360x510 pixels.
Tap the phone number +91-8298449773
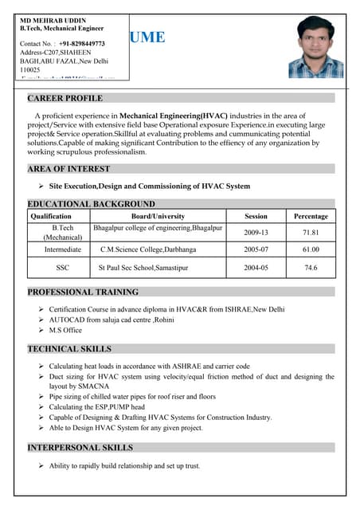click(x=81, y=43)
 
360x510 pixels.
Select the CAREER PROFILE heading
click(x=65, y=98)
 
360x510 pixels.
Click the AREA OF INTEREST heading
click(x=68, y=169)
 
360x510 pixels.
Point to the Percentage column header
click(x=311, y=216)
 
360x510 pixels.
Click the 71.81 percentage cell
click(x=311, y=233)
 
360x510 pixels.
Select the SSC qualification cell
click(x=62, y=268)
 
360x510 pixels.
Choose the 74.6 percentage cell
click(x=311, y=268)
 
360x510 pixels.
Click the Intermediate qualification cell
click(x=62, y=249)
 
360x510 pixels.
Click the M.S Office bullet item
click(x=65, y=330)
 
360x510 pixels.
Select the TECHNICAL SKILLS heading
click(x=69, y=349)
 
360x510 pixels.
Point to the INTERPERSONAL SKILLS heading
click(x=80, y=448)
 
